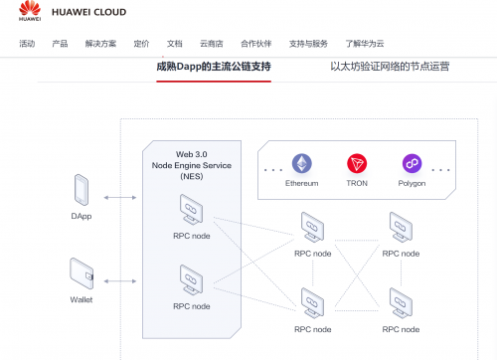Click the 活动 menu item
[x=27, y=44]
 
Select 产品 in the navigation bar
[x=60, y=44]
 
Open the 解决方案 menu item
[x=100, y=44]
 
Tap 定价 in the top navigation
[x=141, y=44]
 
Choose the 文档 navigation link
[x=175, y=44]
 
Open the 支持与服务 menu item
[x=308, y=44]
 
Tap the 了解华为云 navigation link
[x=365, y=44]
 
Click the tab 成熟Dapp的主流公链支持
[x=214, y=68]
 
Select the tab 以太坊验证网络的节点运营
[x=390, y=68]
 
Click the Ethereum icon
[x=301, y=163]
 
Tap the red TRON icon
[x=357, y=163]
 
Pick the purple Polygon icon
[x=413, y=163]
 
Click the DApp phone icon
[x=82, y=189]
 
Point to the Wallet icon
[x=82, y=270]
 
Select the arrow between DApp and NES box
[x=120, y=198]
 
